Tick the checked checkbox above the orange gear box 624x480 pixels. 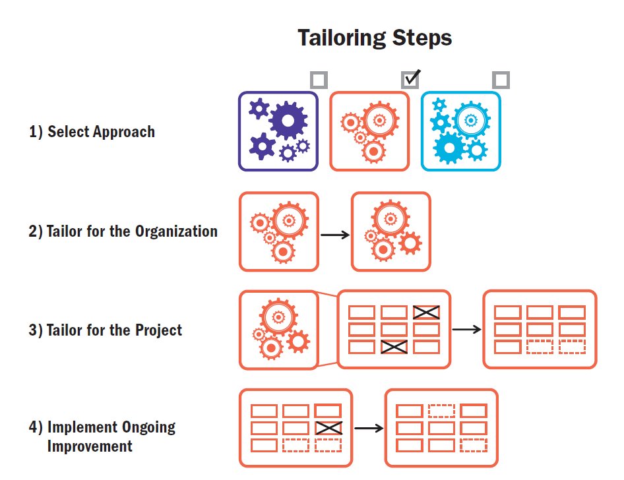tap(410, 80)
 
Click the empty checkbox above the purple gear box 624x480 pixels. tap(319, 80)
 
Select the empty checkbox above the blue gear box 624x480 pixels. tap(501, 80)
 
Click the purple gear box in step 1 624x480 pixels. tap(278, 131)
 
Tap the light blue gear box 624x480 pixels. tap(460, 131)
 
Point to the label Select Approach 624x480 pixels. tap(92, 132)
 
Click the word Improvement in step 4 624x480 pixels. tap(90, 446)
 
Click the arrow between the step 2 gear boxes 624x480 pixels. tap(335, 234)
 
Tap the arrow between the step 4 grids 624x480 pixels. tap(369, 428)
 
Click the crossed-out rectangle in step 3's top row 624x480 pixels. tap(426, 312)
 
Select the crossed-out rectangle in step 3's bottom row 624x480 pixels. tap(394, 346)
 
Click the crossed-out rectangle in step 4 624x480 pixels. tap(328, 428)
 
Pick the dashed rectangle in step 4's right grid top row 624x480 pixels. tap(441, 411)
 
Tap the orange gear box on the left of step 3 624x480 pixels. tap(278, 329)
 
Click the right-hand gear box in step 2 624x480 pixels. tap(390, 231)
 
